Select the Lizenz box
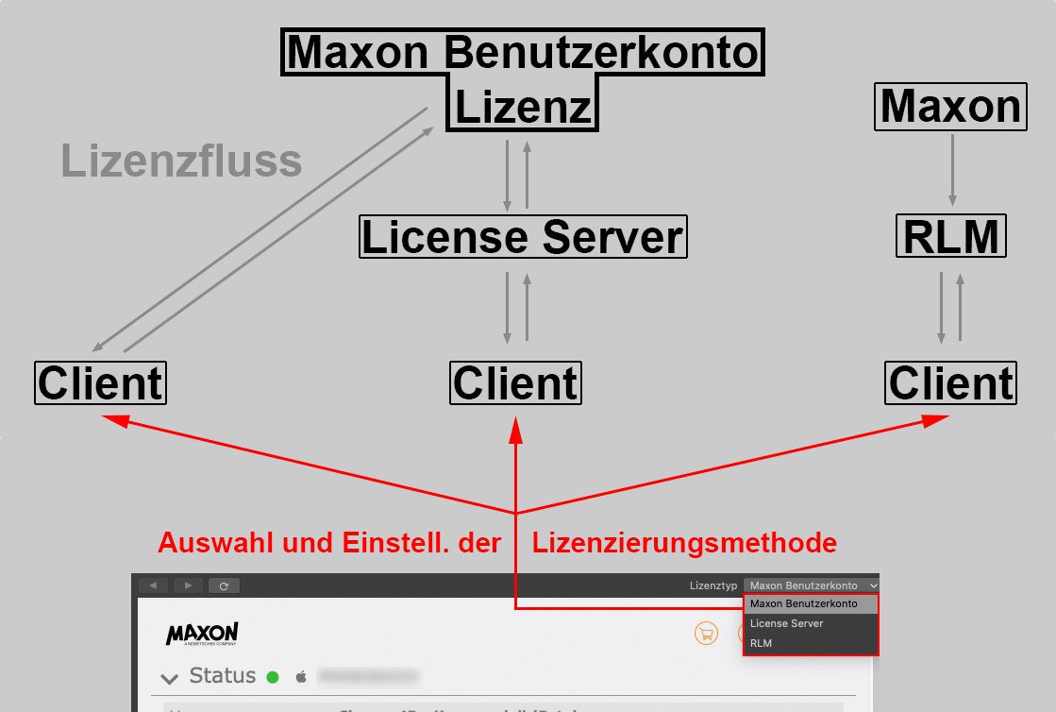click(x=524, y=109)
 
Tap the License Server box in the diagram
click(x=523, y=237)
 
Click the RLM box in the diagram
click(x=950, y=237)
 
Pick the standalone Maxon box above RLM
click(x=950, y=108)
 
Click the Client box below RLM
click(x=950, y=383)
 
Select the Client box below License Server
click(x=515, y=383)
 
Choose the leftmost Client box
click(x=100, y=383)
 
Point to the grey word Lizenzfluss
click(x=181, y=161)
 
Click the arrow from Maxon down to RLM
click(x=951, y=170)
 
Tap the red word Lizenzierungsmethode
click(x=684, y=544)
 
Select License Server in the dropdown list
click(x=787, y=623)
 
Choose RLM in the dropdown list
click(x=762, y=643)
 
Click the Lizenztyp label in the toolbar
click(x=713, y=586)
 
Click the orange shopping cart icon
click(x=705, y=634)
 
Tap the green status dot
click(x=273, y=676)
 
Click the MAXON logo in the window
click(x=202, y=634)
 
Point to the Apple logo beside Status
click(x=302, y=676)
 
